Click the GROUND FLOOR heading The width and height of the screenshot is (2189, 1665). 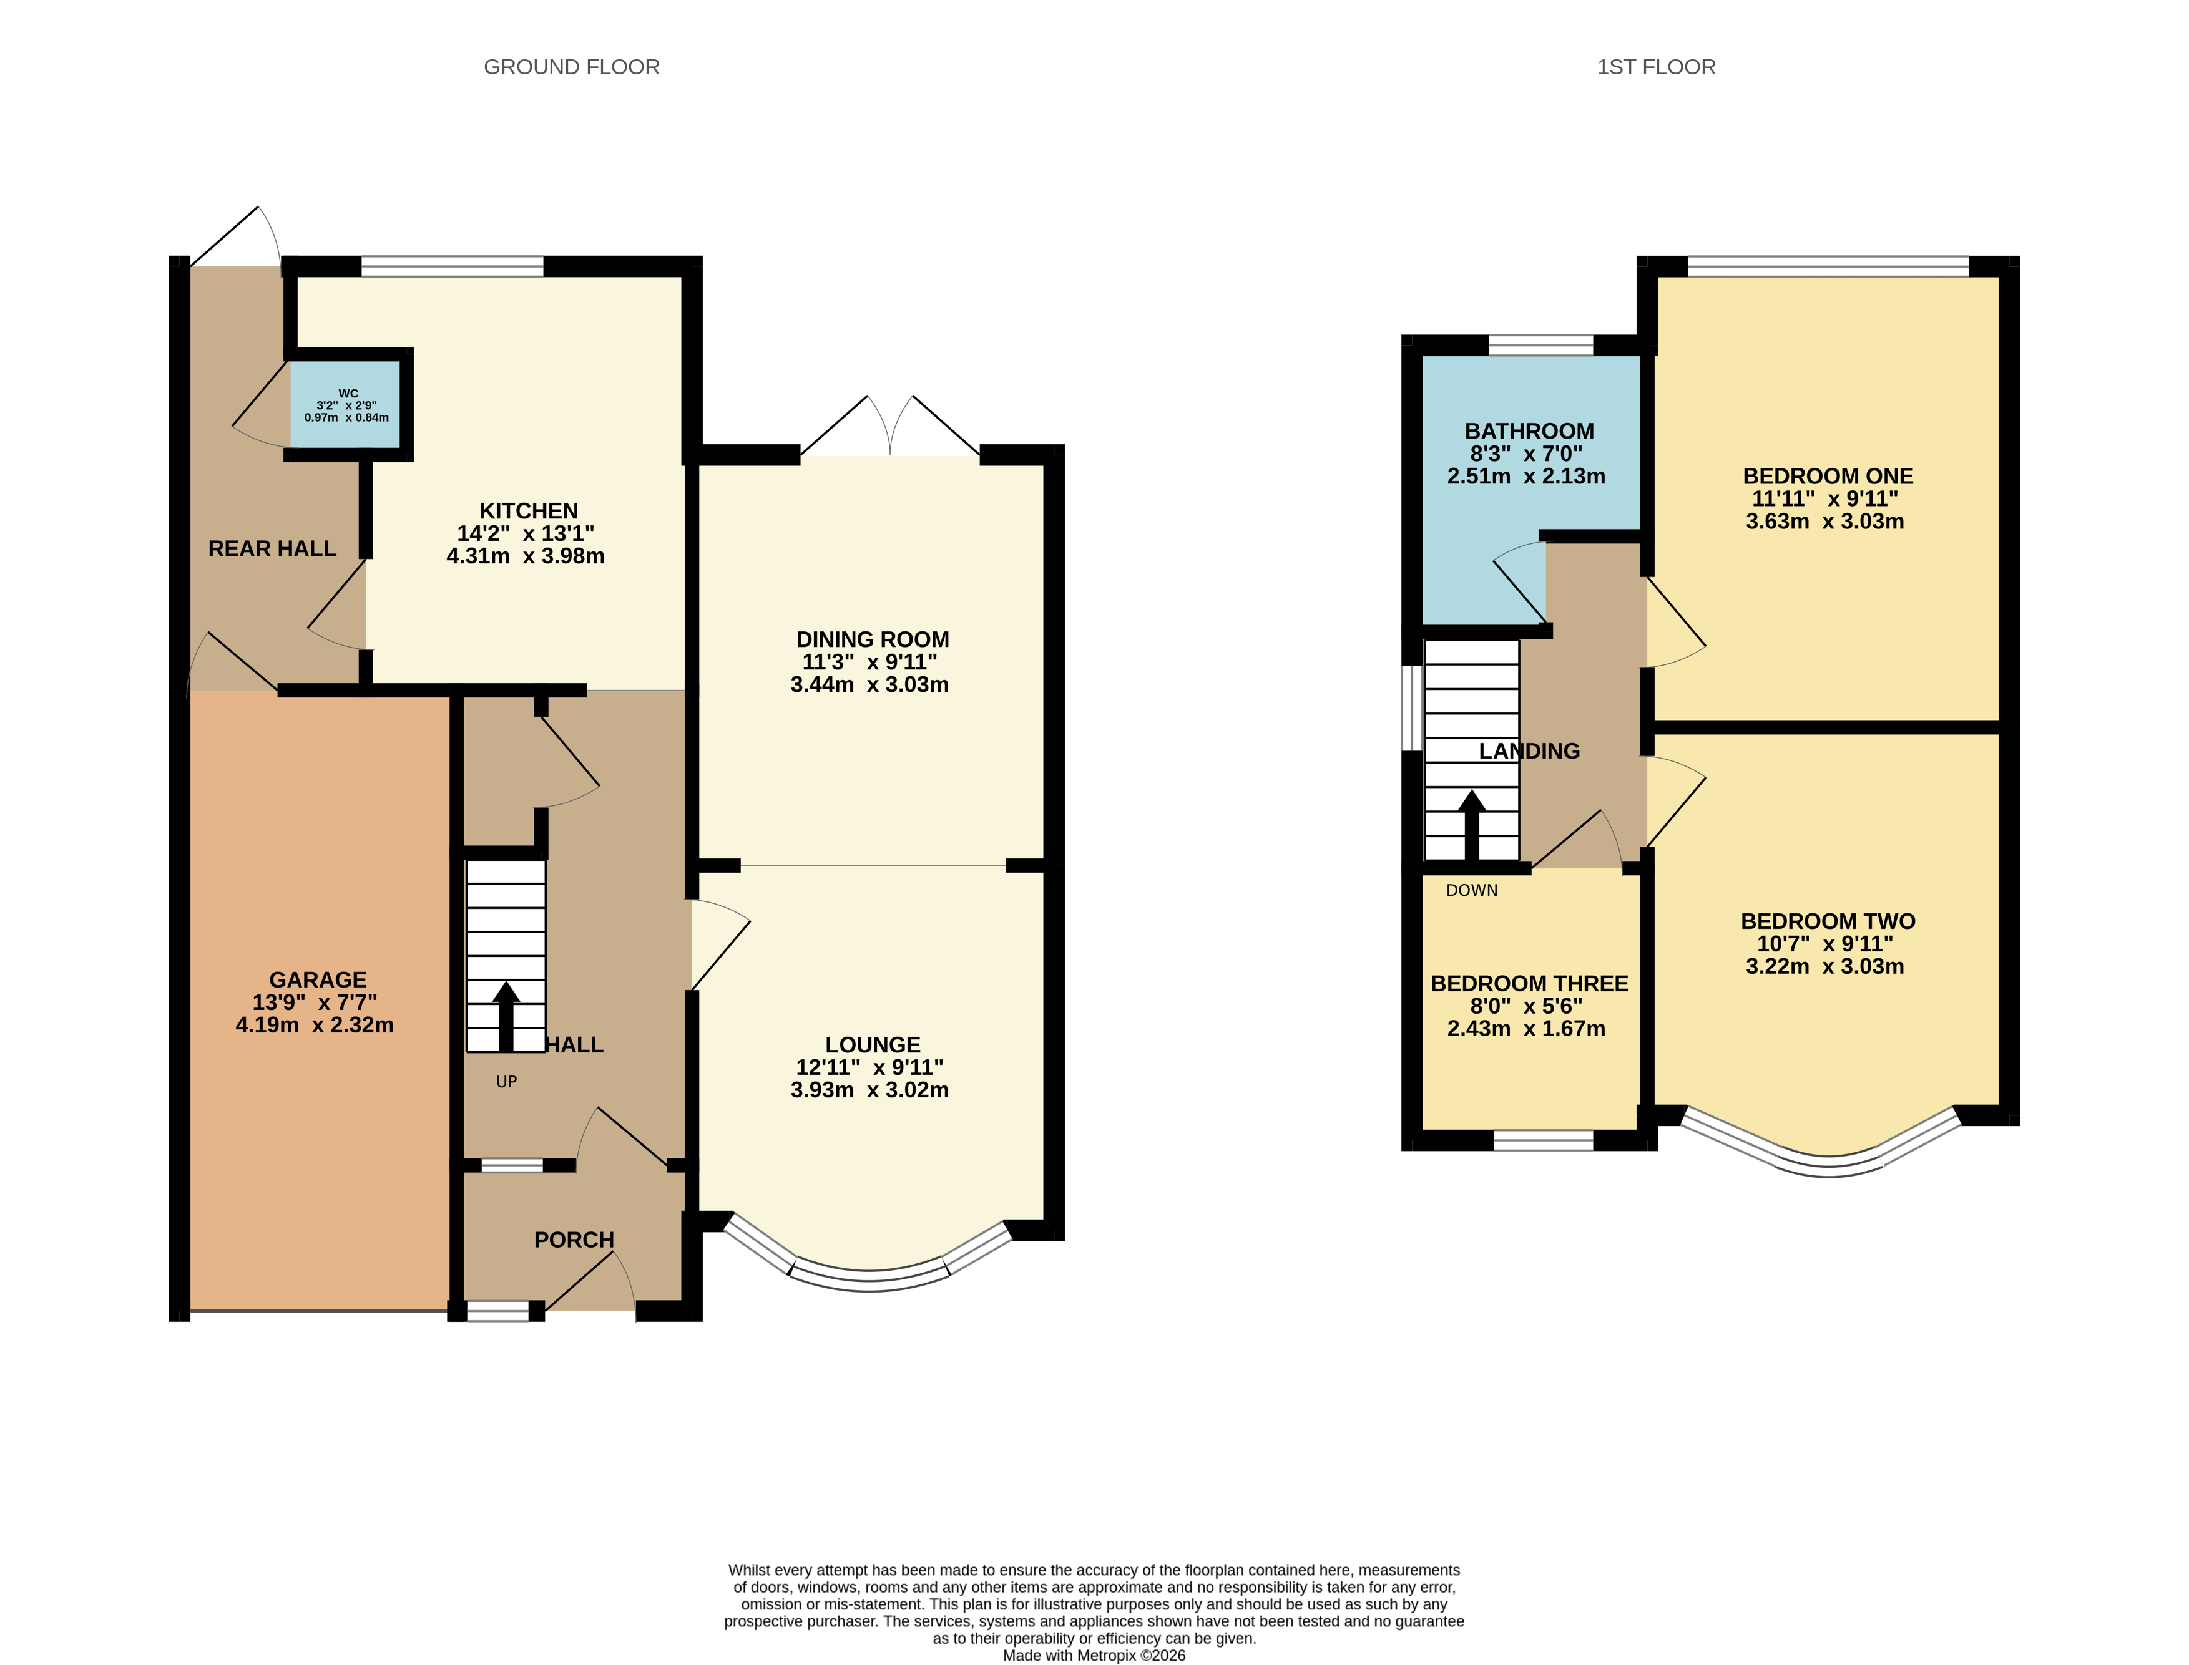(x=571, y=67)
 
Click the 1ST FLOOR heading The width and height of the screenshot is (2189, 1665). (x=1655, y=67)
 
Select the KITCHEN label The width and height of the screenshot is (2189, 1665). (x=529, y=510)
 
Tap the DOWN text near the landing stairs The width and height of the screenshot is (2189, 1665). (x=1471, y=891)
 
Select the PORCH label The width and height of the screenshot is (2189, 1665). (x=574, y=1240)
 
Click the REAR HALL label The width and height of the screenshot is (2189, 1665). (x=272, y=549)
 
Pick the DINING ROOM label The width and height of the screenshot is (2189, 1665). (x=873, y=640)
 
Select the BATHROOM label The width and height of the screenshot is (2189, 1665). (x=1529, y=431)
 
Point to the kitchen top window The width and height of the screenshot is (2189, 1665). (x=452, y=266)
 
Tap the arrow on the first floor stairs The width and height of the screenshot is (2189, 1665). (x=1471, y=823)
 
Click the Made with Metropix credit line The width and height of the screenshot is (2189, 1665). (x=1094, y=1655)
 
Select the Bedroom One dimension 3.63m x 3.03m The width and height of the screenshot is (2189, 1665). (x=1824, y=522)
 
